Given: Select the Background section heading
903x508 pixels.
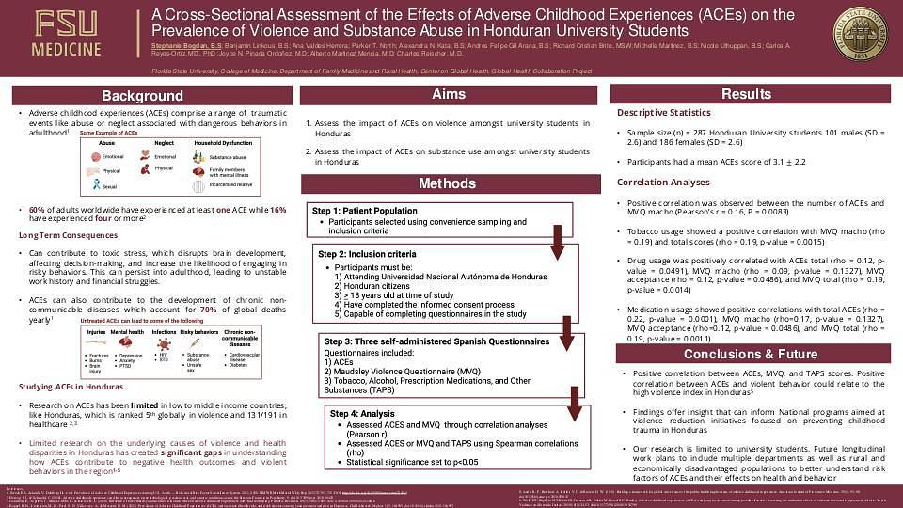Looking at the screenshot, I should coord(143,96).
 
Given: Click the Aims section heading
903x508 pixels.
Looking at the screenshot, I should coord(448,95).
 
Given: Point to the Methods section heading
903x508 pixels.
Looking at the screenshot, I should coord(448,183).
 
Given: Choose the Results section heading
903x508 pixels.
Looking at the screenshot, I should coord(746,94).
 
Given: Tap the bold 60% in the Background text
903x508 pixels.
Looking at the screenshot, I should coord(37,209).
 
